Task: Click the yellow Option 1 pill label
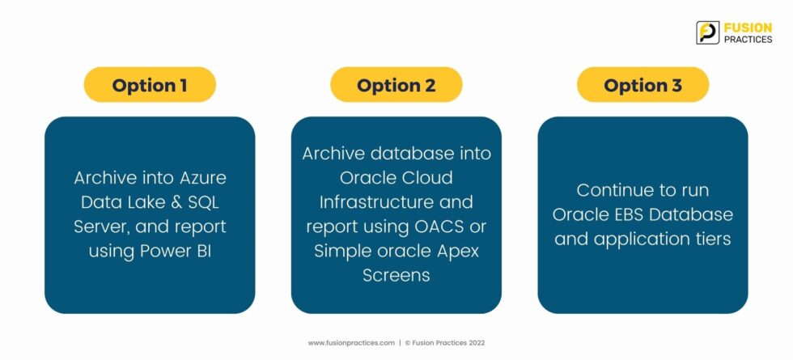click(x=150, y=84)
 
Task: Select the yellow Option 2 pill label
click(x=396, y=84)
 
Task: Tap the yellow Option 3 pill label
click(x=642, y=84)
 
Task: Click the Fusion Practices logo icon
click(x=707, y=32)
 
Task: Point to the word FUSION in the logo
click(x=748, y=28)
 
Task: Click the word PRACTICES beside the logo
click(x=748, y=40)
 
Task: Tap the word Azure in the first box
click(x=203, y=178)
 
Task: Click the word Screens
click(x=396, y=275)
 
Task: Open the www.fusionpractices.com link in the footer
click(x=351, y=343)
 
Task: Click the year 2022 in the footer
click(x=477, y=343)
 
